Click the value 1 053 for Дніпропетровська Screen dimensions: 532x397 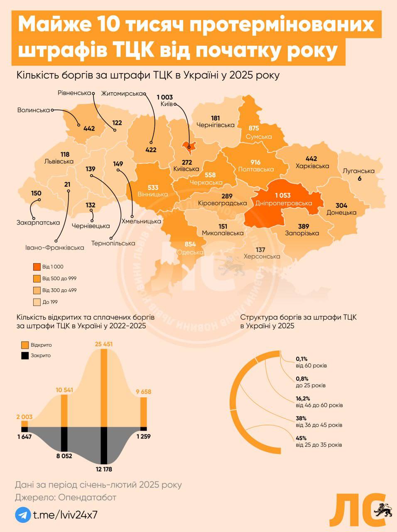[282, 195]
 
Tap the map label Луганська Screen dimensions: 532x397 [359, 171]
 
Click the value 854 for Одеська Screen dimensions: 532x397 [190, 244]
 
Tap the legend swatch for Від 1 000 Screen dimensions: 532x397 [37, 267]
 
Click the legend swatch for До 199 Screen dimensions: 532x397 [37, 302]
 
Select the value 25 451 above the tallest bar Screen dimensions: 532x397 [104, 344]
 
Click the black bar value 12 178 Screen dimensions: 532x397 [104, 469]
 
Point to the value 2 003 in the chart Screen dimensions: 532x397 [24, 417]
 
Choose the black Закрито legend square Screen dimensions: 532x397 [25, 355]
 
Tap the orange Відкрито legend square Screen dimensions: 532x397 [25, 345]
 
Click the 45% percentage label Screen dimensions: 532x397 [301, 438]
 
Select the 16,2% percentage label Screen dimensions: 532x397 [303, 398]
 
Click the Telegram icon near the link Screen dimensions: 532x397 [23, 515]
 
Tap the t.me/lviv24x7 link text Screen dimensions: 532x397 [65, 515]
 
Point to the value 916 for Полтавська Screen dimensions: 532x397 [255, 162]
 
